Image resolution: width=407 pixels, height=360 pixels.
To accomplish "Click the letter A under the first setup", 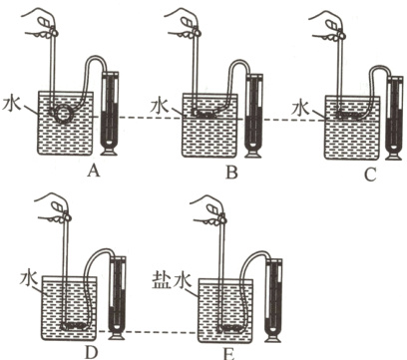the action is [93, 172].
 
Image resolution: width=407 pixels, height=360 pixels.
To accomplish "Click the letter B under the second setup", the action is [231, 173].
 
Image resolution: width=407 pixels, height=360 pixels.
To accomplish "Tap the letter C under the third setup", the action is [370, 175].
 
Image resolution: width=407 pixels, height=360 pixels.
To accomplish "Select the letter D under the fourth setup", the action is [91, 352].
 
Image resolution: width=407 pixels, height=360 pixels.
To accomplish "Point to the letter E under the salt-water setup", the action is [228, 354].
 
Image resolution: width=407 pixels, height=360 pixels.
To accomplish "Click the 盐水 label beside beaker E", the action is [172, 281].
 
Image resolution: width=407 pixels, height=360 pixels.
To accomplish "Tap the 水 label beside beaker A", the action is [12, 104].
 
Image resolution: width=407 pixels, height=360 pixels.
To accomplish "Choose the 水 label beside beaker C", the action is [301, 109].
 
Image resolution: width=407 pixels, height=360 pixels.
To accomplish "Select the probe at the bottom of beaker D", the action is [75, 326].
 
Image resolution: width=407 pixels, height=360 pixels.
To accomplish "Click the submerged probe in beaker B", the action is [205, 115].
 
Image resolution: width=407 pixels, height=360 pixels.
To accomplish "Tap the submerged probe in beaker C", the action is [348, 115].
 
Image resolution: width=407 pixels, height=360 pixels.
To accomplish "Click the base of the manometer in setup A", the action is [110, 152].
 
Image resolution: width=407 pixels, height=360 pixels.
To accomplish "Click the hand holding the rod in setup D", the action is [55, 208].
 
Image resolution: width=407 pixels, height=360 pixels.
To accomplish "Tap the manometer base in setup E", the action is [273, 338].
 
